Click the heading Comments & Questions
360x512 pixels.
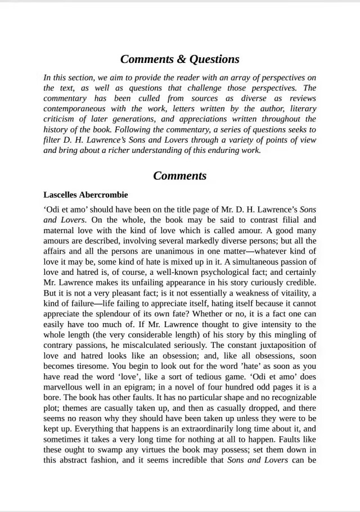click(x=179, y=59)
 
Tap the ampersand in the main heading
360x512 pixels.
click(x=179, y=59)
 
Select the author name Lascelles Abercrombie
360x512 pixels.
click(x=85, y=195)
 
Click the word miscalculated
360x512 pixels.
click(x=148, y=345)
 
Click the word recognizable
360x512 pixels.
click(x=289, y=397)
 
